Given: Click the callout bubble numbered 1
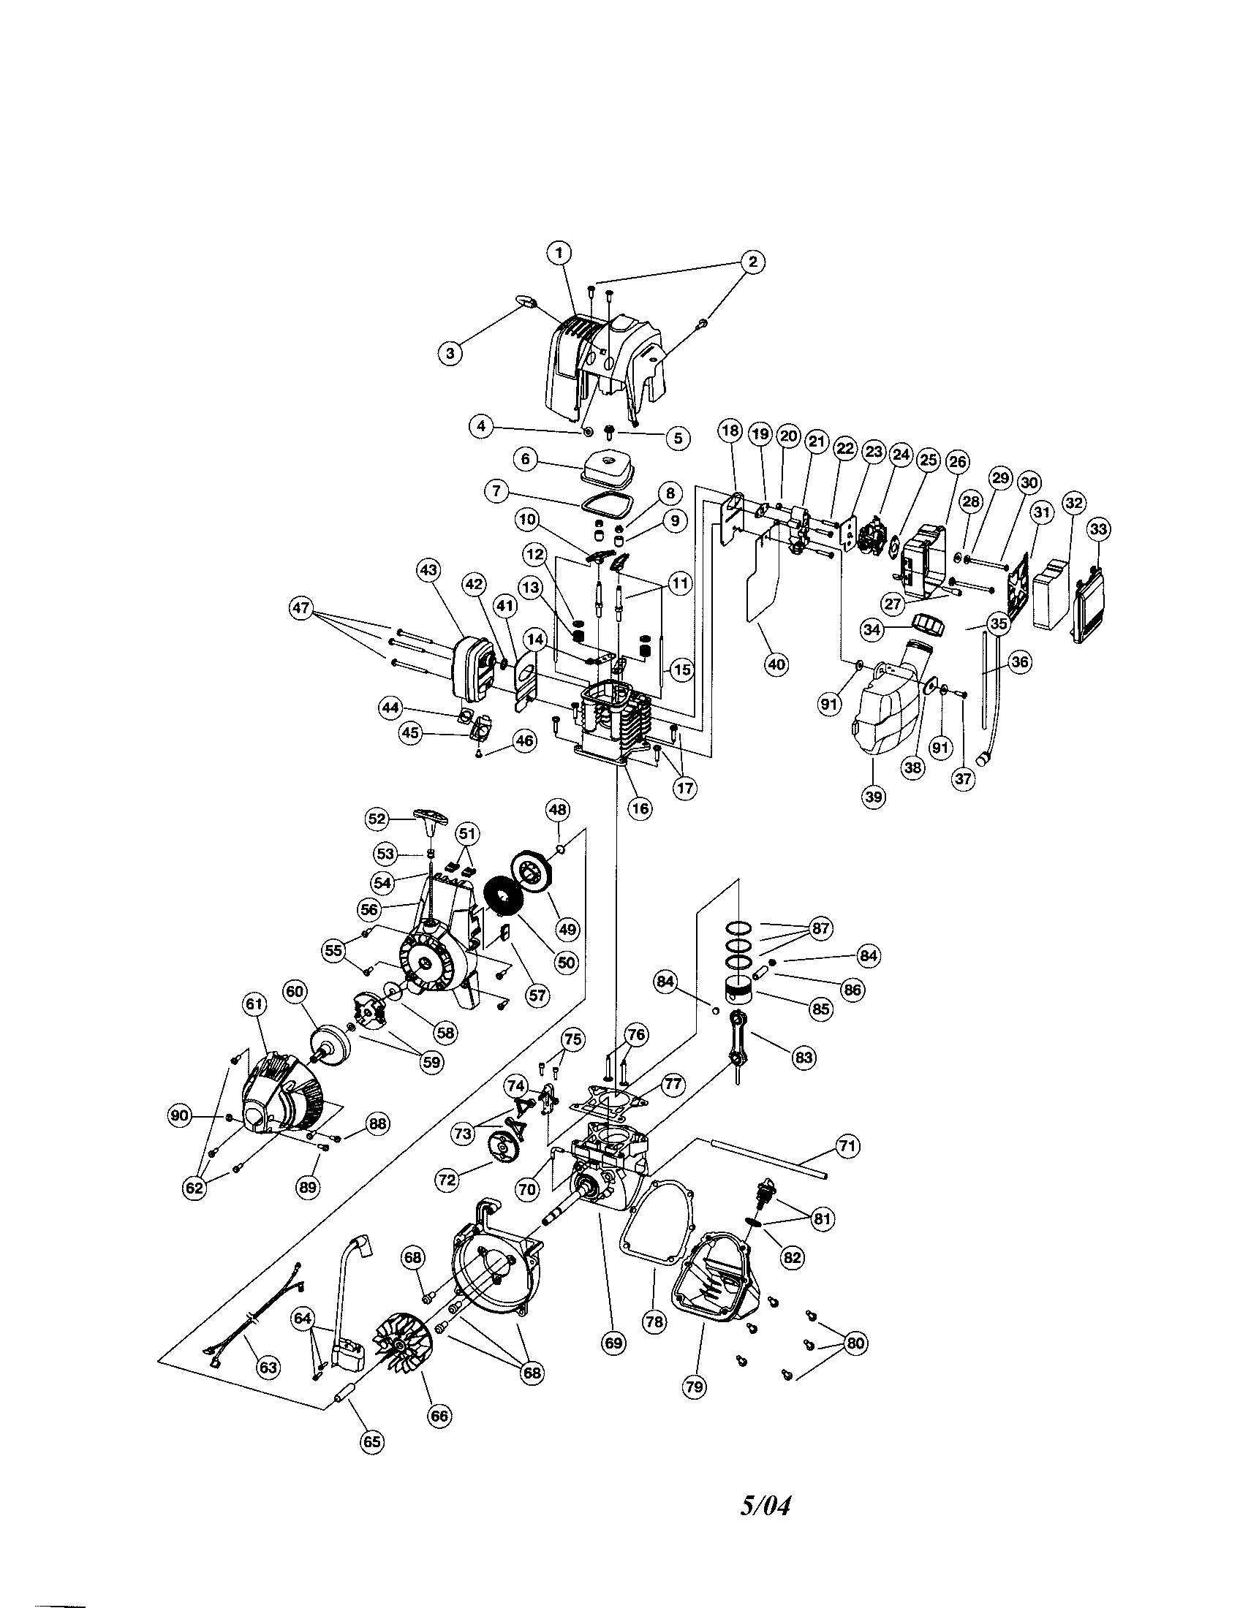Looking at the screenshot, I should (559, 254).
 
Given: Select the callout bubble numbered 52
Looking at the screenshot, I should (377, 818).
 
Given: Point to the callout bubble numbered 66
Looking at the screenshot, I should (439, 1415).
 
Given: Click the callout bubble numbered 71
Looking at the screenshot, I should (848, 1145).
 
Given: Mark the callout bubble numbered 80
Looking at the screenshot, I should (854, 1343).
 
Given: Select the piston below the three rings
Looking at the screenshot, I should (741, 990).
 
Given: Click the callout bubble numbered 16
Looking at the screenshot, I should (640, 808).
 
